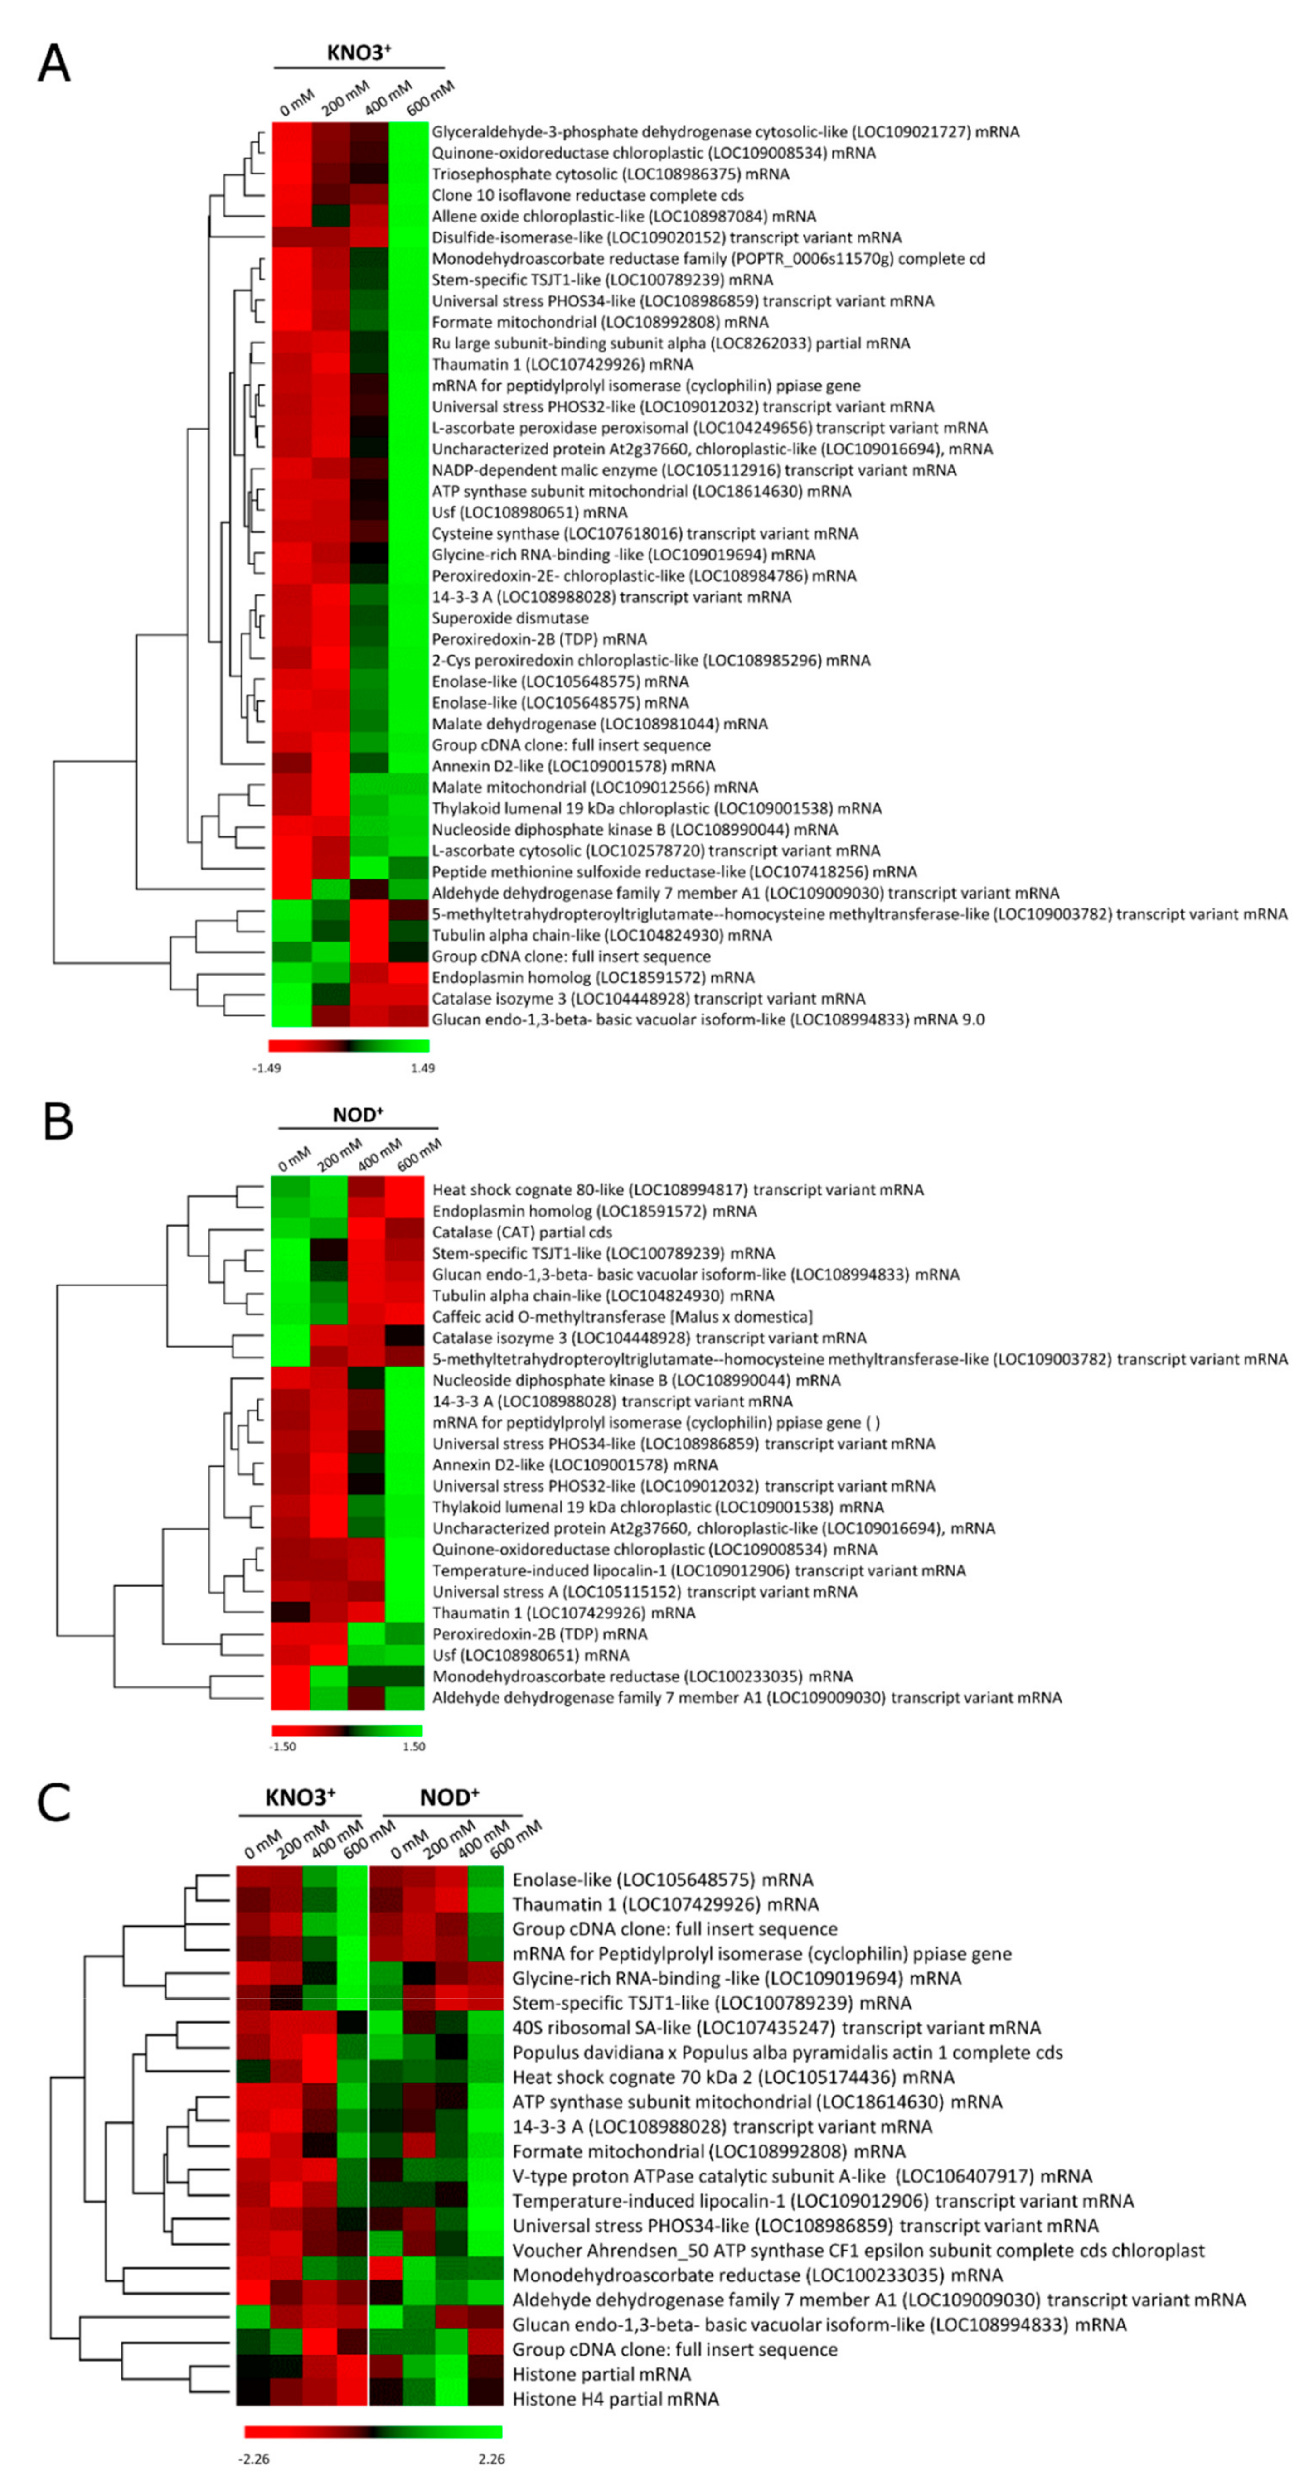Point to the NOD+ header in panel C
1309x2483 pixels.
449,1797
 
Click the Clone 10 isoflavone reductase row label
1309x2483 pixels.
587,195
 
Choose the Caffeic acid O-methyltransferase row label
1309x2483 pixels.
622,1317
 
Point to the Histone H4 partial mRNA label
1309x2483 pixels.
615,2398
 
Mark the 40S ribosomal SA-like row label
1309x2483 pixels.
776,2027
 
